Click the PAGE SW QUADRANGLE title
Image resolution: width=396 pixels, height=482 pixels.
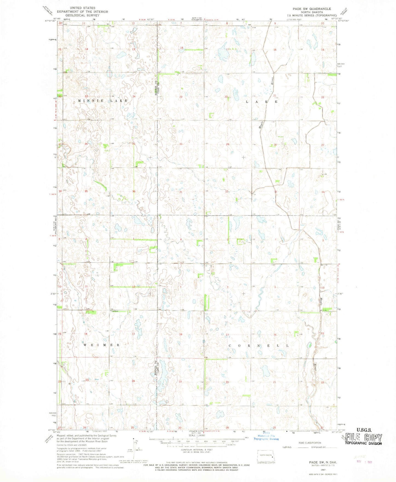pyautogui.click(x=312, y=9)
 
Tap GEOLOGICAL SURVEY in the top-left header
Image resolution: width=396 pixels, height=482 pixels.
pyautogui.click(x=82, y=15)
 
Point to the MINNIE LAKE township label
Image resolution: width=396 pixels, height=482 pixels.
pyautogui.click(x=103, y=101)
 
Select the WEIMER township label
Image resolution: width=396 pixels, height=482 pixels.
pyautogui.click(x=101, y=345)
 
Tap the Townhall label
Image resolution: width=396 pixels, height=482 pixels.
pyautogui.click(x=114, y=311)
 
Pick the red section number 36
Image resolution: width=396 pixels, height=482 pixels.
pyautogui.click(x=134, y=191)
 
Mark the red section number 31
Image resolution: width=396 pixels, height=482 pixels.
pyautogui.click(x=181, y=192)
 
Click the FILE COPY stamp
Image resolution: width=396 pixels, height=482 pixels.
pyautogui.click(x=364, y=438)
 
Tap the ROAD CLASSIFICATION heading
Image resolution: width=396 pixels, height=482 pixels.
pyautogui.click(x=310, y=443)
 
